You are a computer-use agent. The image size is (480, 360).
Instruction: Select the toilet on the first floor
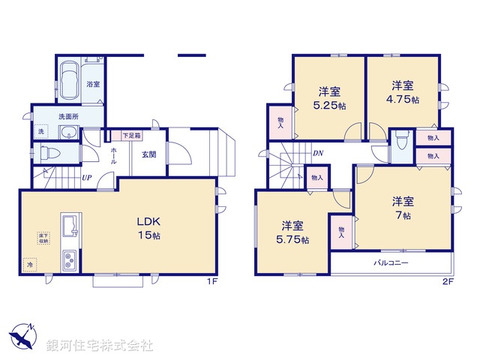coord(49,154)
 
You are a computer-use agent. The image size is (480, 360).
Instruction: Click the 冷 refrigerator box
coord(31,265)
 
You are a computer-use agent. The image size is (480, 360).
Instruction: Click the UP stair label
coord(88,179)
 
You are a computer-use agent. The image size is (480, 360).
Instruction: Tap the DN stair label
coord(317,154)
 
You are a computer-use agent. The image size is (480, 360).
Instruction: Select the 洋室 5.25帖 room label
coord(330,98)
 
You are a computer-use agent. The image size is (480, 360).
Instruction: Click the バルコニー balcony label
coord(391,264)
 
